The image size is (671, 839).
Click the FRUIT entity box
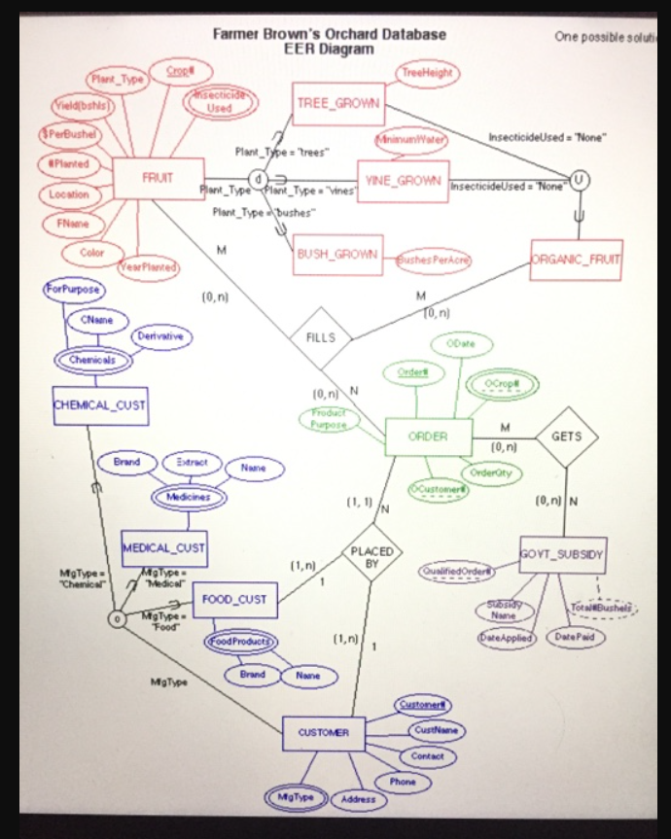tap(159, 179)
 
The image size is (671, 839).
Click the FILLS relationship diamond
tap(319, 337)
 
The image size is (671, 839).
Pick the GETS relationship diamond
tap(566, 437)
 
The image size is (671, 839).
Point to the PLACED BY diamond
tap(372, 557)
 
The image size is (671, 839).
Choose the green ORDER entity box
tap(429, 437)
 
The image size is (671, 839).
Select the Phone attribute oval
tap(403, 781)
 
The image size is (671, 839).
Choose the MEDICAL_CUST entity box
tap(163, 548)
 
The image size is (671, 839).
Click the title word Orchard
tap(320, 34)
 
